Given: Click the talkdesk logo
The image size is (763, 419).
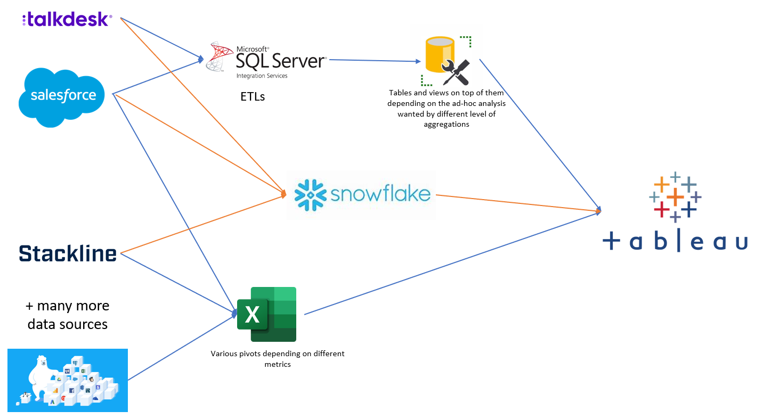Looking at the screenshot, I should [x=67, y=20].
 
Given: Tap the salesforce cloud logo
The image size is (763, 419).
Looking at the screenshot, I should [x=63, y=96].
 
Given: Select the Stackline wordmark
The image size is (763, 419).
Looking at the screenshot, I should [x=68, y=253].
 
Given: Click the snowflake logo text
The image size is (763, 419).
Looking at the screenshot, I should [x=380, y=193].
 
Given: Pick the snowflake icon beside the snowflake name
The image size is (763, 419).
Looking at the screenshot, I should [x=310, y=194].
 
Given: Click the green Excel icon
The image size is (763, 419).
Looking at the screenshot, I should [x=266, y=314].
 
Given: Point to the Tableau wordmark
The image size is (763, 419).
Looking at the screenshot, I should [x=675, y=242].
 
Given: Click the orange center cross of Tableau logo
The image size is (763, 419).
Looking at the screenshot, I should [x=675, y=198].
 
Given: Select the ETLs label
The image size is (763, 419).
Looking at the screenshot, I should [x=253, y=97].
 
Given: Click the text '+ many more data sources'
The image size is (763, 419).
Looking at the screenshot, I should [x=68, y=315].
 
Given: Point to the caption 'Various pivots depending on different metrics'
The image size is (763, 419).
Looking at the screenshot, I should [x=277, y=359].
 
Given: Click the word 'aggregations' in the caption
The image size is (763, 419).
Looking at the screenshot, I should [x=447, y=124].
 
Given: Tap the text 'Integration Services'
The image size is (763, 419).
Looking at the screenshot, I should [x=262, y=76].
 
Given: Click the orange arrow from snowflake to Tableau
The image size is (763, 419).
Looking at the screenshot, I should [x=517, y=203].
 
